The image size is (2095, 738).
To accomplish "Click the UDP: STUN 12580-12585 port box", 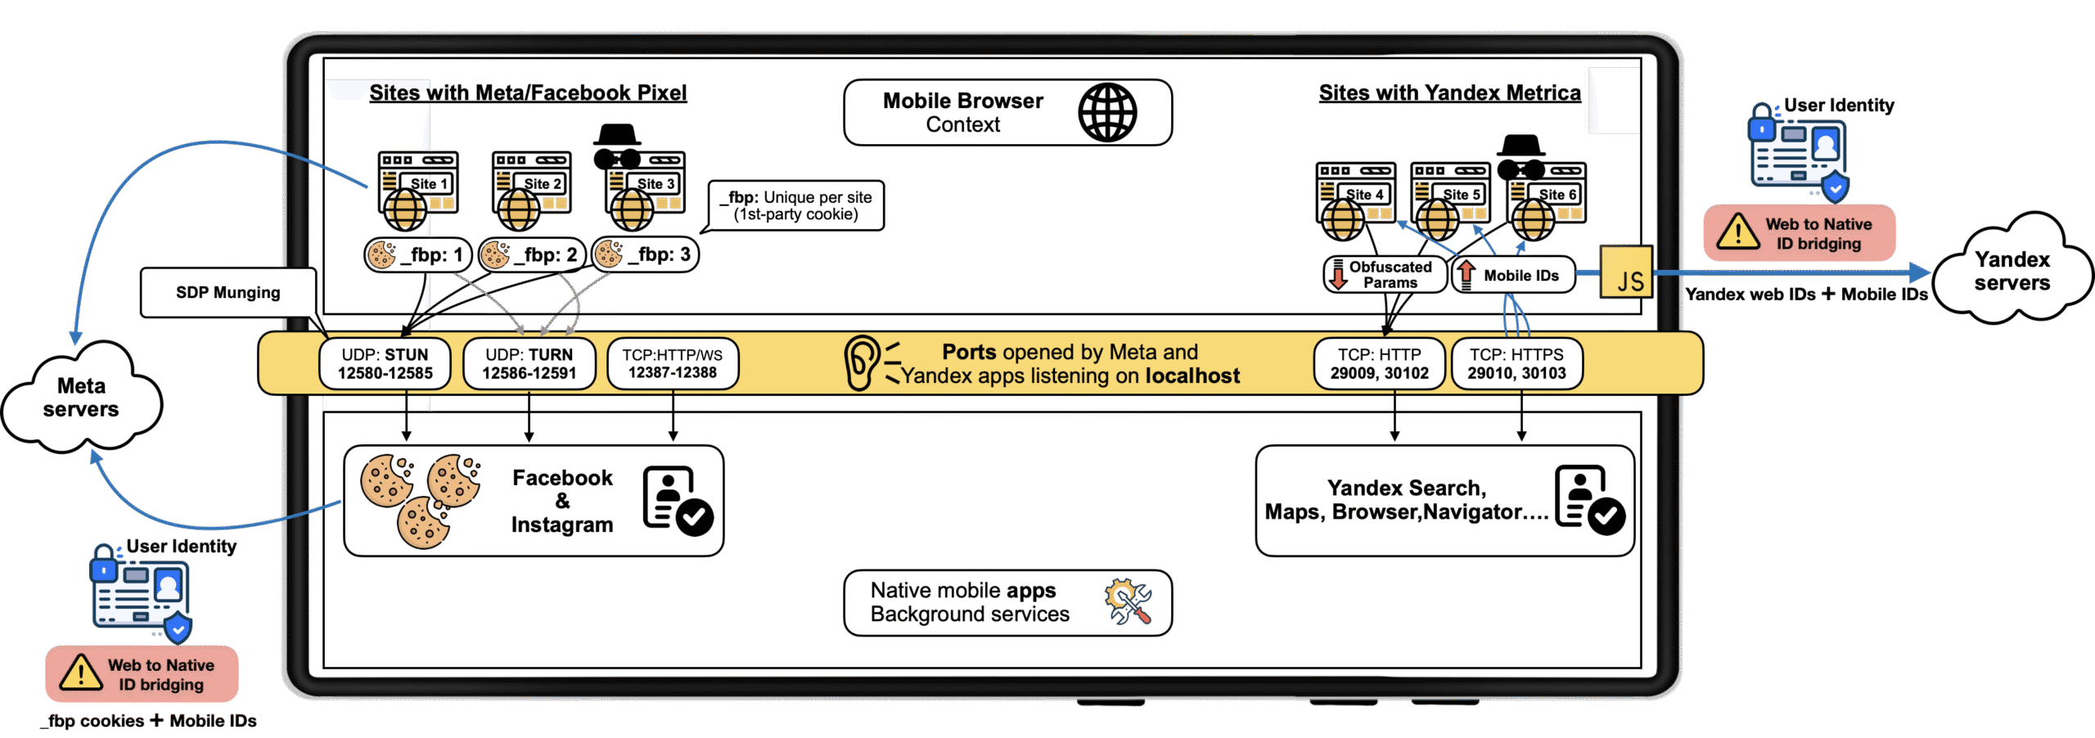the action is tap(385, 363).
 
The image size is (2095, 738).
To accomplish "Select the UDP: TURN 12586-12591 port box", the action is tap(529, 363).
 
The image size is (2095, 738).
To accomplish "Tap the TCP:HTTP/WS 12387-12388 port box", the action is tap(673, 363).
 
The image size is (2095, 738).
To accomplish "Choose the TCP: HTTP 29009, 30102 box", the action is tap(1379, 363).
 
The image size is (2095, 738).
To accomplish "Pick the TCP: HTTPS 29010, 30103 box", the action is tap(1516, 363).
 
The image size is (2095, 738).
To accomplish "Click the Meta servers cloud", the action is tap(81, 397).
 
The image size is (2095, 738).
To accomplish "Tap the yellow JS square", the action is tap(1626, 272).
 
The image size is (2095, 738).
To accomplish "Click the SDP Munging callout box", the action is tap(228, 292).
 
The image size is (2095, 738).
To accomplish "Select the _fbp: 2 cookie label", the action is tap(531, 254).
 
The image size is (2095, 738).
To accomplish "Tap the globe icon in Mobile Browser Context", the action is tap(1106, 113).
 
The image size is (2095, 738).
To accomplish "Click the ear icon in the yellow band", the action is tap(860, 362).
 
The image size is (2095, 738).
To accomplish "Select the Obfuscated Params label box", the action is tap(1384, 275).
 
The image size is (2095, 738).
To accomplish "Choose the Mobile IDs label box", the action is tap(1513, 275).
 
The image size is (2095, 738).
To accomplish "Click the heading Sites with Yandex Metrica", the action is tap(1449, 92).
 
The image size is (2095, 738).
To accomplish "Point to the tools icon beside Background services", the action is tap(1128, 602).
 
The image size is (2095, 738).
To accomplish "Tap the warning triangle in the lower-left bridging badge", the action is tap(81, 673).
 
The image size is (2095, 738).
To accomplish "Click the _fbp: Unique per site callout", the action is tap(795, 205).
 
